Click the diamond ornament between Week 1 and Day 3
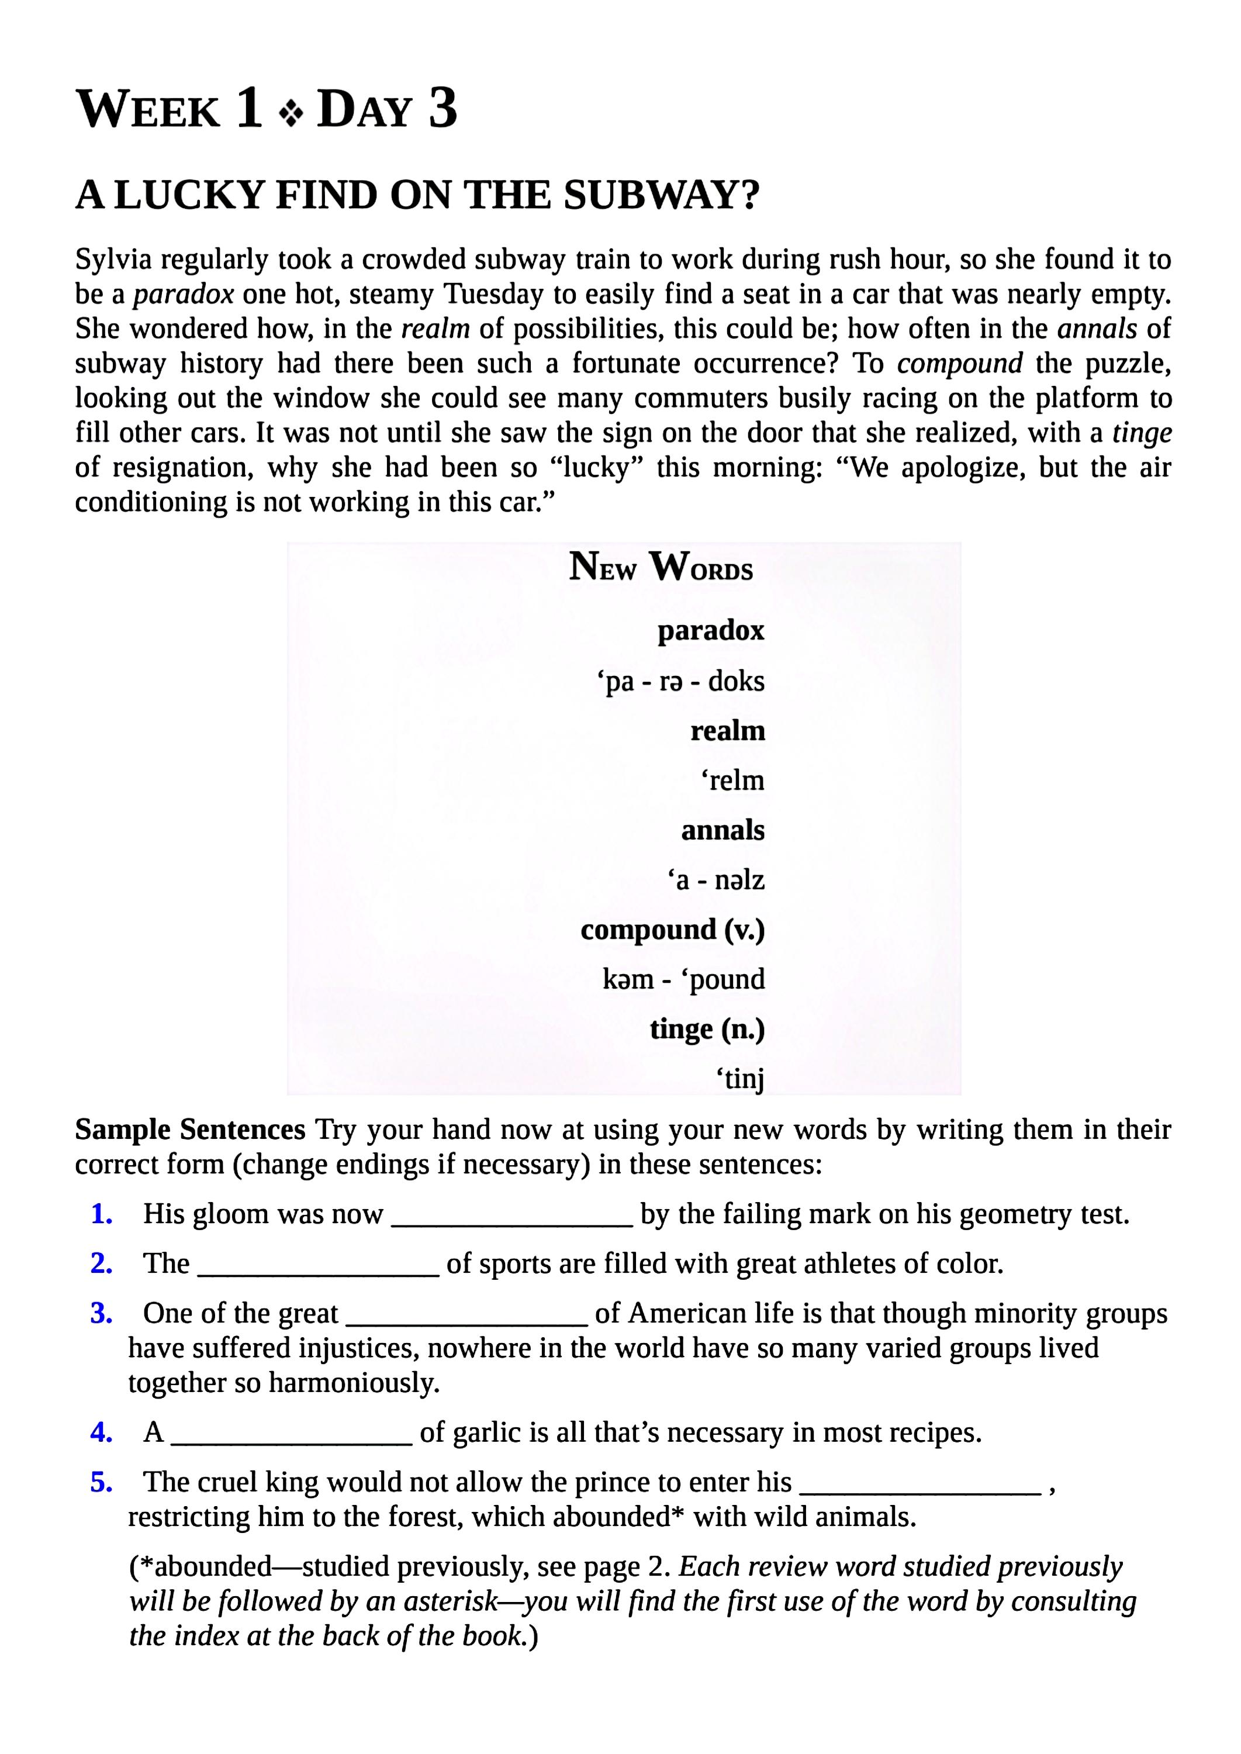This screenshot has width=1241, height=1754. click(x=291, y=115)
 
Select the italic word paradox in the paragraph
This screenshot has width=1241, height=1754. click(x=184, y=294)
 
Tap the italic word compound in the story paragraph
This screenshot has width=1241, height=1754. click(x=959, y=363)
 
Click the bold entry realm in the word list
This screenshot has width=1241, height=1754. click(x=728, y=731)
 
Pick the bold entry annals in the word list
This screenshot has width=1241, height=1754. click(x=723, y=830)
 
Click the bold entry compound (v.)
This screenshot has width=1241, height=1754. click(x=672, y=930)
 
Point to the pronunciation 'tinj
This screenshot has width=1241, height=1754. click(x=739, y=1079)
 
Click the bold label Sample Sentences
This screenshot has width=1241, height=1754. click(x=191, y=1130)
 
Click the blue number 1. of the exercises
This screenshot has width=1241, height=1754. click(x=102, y=1214)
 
